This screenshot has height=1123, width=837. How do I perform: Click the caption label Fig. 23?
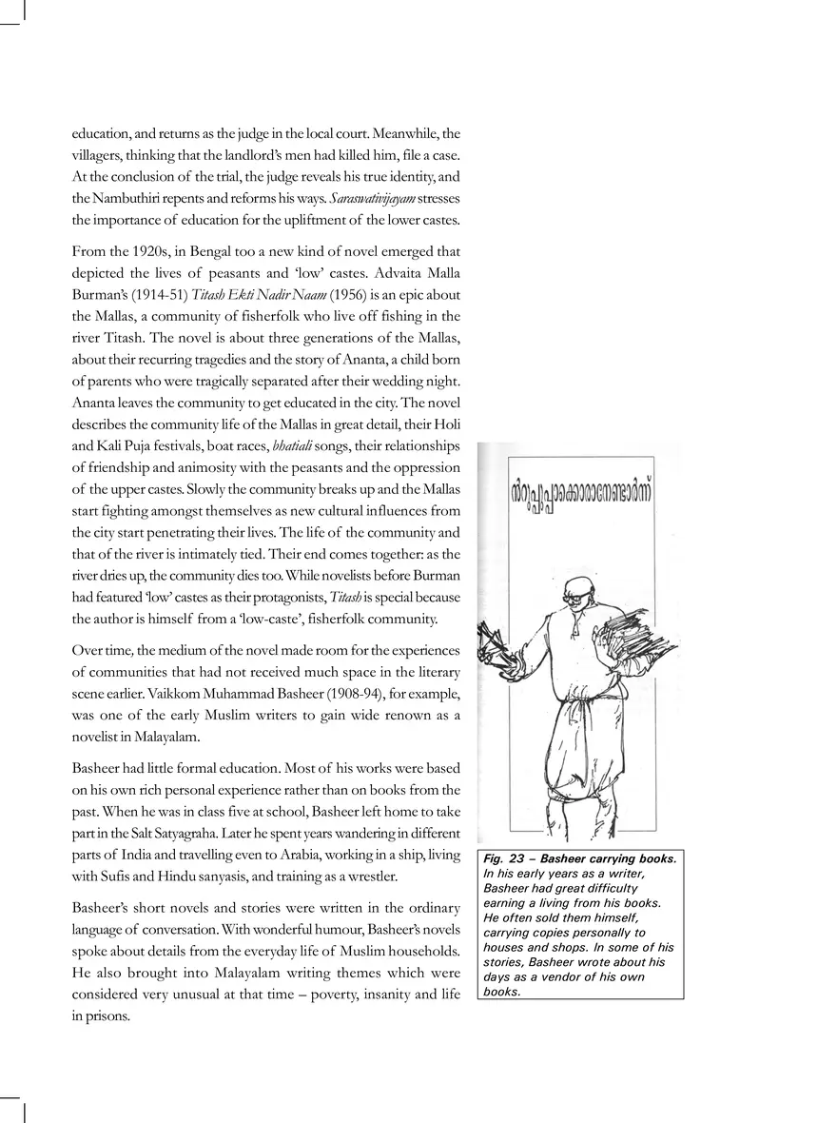pyautogui.click(x=504, y=858)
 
